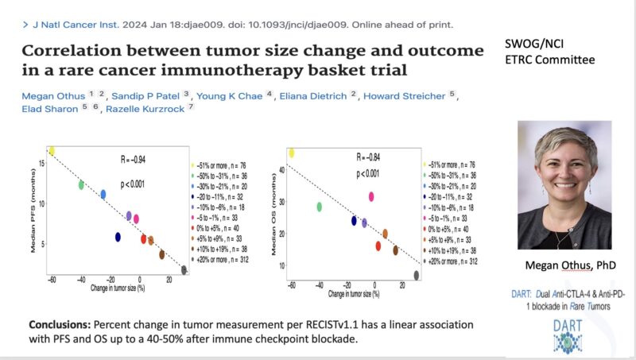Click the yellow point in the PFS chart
coord(52,150)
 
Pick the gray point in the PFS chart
coord(184,270)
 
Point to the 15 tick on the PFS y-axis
coord(42,163)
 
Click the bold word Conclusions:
coord(60,326)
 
